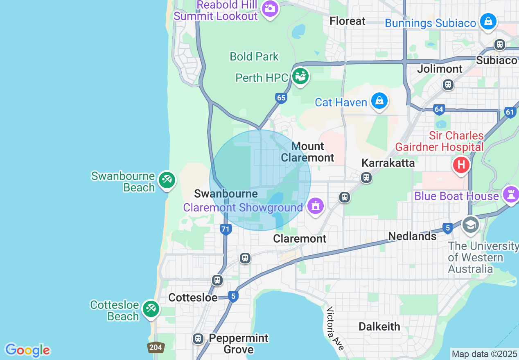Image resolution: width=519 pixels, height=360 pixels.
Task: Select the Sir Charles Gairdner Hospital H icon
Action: [x=461, y=165]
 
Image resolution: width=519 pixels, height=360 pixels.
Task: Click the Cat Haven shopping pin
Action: [x=379, y=101]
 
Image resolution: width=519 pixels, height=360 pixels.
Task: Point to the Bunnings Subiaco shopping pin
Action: [x=488, y=22]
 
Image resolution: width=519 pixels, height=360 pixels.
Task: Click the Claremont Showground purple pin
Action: [x=315, y=206]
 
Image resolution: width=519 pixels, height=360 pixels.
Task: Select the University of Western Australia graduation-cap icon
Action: [x=471, y=225]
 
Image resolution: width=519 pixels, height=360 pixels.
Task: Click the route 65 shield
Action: [x=281, y=98]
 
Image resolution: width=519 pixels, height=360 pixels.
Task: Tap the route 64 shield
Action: [x=439, y=109]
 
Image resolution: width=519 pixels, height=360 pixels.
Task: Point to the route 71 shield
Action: [x=225, y=229]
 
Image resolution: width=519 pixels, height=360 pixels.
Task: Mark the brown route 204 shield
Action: [x=156, y=348]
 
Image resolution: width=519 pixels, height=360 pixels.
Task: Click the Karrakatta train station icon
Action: [x=366, y=178]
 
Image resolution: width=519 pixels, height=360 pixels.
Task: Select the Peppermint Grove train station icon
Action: [x=198, y=339]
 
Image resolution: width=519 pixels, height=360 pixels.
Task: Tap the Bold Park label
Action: [x=254, y=56]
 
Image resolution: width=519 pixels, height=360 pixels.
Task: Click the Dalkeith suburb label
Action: [x=379, y=326]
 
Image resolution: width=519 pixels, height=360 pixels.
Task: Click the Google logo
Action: [x=28, y=350]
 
